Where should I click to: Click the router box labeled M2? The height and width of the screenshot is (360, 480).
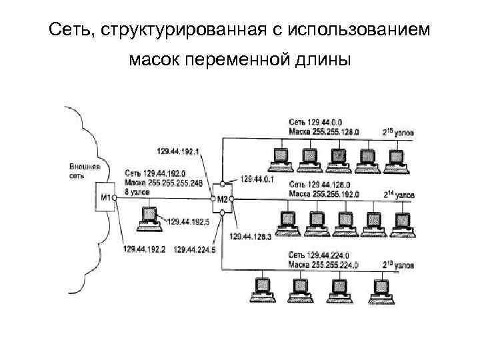[x=221, y=199]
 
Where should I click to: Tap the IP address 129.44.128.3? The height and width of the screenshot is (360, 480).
[x=251, y=236]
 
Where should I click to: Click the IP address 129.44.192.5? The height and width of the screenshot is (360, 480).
[x=189, y=221]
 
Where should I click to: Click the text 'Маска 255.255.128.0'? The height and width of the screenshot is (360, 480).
[x=324, y=131]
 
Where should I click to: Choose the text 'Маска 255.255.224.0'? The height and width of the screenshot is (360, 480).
[x=324, y=264]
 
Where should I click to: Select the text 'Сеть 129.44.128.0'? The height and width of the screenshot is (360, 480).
[x=319, y=185]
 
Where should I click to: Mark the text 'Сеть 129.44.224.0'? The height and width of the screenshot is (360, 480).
[x=319, y=255]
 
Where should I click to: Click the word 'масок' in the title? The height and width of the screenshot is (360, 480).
[x=158, y=62]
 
